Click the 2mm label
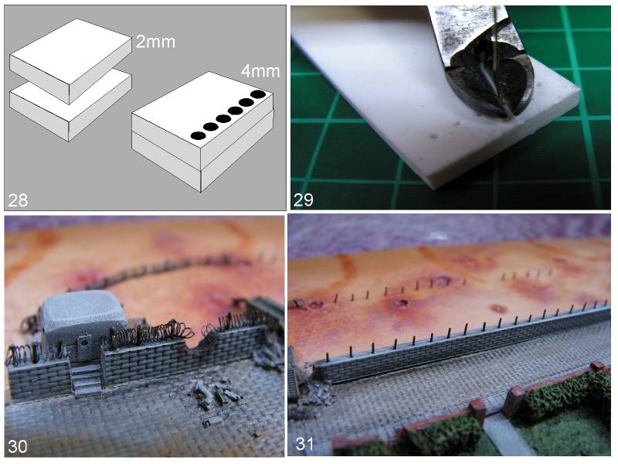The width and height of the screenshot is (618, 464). pyautogui.click(x=155, y=42)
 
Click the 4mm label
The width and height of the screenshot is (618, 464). pyautogui.click(x=260, y=71)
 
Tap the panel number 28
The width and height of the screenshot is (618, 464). pyautogui.click(x=18, y=200)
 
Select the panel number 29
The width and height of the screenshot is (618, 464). pyautogui.click(x=303, y=200)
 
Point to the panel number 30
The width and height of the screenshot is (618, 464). pyautogui.click(x=18, y=446)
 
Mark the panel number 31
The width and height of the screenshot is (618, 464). pyautogui.click(x=304, y=443)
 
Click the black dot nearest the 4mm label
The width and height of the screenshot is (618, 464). pyautogui.click(x=258, y=94)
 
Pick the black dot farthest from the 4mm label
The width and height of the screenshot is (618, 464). pyautogui.click(x=199, y=136)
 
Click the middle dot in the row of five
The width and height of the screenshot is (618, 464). pyautogui.click(x=223, y=119)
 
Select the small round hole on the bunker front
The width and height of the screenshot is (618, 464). pyautogui.click(x=83, y=342)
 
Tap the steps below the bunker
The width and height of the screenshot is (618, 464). pyautogui.click(x=86, y=379)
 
